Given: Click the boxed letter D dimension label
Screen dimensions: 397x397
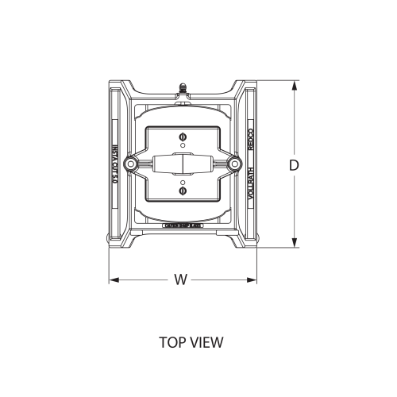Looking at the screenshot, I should [294, 165].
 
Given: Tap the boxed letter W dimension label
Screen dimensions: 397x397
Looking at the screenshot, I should [179, 279].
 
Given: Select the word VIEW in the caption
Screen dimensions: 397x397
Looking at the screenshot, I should [207, 343].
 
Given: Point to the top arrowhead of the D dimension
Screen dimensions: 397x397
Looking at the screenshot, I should [294, 83].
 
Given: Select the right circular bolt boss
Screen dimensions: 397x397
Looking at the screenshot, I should [234, 165].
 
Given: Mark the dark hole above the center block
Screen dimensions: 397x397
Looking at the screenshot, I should [183, 135].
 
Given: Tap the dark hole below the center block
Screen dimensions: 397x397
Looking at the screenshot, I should [183, 191].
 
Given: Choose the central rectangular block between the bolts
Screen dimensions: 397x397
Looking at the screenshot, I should [183, 165].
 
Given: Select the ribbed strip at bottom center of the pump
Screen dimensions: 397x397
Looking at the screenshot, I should [183, 226].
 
